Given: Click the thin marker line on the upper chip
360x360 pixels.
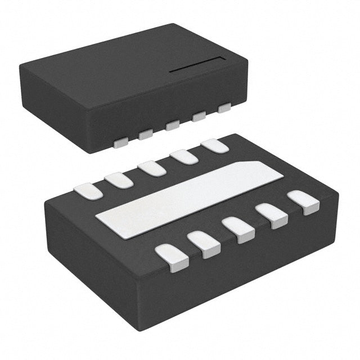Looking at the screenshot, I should coord(197,65).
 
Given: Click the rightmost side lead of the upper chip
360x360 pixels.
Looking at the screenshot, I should coord(225,107).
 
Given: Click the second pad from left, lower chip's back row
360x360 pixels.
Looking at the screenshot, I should coord(119,180).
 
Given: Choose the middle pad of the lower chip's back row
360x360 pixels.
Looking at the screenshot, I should coord(152,168).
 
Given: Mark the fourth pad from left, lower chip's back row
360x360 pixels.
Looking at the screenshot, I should coord(184,156).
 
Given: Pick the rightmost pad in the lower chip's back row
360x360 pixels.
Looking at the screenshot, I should coord(214,146).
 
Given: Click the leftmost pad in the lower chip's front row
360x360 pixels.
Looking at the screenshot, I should coord(172,258).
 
